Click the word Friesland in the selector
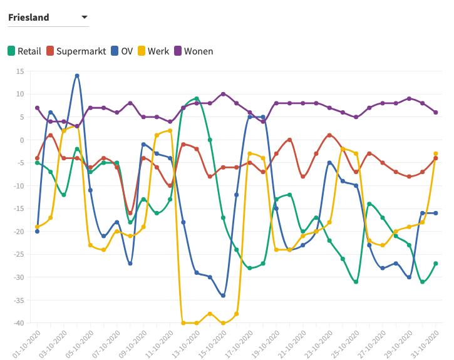[29, 18]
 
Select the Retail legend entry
[24, 51]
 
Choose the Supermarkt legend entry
[76, 51]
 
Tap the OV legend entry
[121, 51]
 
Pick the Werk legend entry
[153, 51]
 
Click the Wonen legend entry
[193, 51]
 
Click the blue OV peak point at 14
[77, 76]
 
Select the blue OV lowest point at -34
[223, 296]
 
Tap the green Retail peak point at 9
[197, 99]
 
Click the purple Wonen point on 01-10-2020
[38, 108]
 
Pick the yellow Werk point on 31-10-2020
[436, 153]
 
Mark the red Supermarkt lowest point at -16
[130, 213]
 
